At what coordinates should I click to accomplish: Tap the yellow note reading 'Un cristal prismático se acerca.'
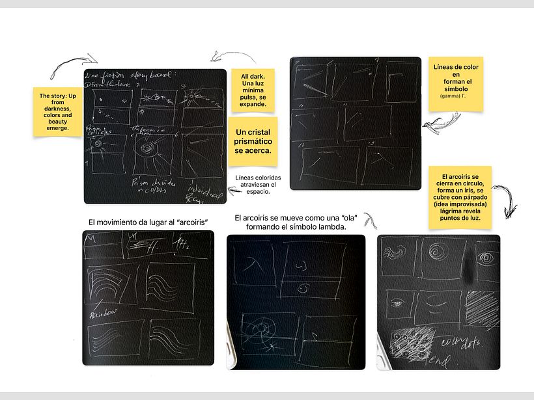[253, 141]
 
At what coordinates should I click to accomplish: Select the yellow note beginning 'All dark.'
[253, 90]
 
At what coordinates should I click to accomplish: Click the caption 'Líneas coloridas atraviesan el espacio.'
[253, 184]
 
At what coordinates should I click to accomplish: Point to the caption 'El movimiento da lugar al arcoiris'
[148, 222]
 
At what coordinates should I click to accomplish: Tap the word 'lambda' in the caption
[330, 227]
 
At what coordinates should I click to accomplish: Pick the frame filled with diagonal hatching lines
[483, 306]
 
